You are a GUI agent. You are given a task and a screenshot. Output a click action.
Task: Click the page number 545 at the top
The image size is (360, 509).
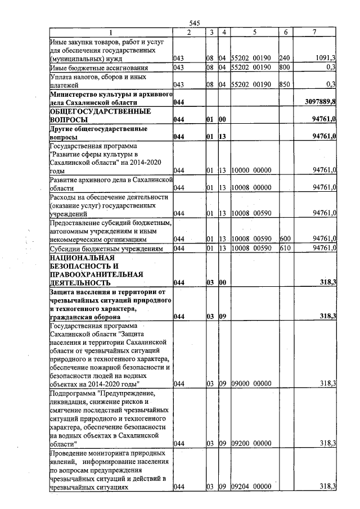point(195,23)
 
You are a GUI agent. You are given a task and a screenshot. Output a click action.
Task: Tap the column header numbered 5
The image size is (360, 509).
point(254,33)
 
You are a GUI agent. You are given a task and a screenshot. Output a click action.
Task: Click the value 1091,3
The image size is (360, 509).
point(325,57)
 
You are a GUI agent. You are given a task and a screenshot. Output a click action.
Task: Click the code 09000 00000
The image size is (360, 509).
point(252,384)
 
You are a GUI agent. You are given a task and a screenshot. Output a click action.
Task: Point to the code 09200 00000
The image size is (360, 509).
point(252,444)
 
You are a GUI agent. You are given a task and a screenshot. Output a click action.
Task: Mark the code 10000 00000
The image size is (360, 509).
point(252,170)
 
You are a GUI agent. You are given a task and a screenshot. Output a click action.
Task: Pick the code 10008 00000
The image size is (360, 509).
point(252,187)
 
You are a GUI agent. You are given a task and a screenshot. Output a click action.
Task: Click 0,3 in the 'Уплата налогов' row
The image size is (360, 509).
point(330,84)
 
